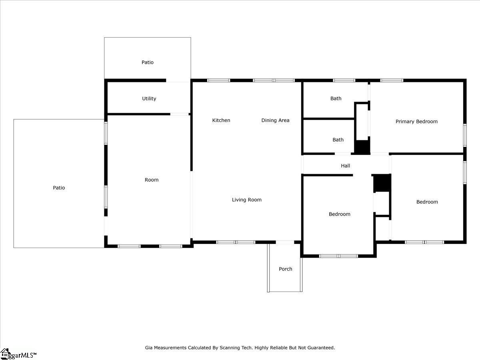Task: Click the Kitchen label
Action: click(x=221, y=120)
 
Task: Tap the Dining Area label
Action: click(x=275, y=120)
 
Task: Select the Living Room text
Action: click(x=246, y=200)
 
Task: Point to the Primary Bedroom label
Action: click(x=416, y=122)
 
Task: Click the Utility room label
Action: click(x=149, y=99)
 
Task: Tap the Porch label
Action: click(x=285, y=269)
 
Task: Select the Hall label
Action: click(x=346, y=166)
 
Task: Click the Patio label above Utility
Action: click(x=147, y=62)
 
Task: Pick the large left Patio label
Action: click(x=59, y=188)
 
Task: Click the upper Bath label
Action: click(x=336, y=98)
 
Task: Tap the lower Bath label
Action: click(x=338, y=140)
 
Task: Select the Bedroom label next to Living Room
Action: click(x=339, y=214)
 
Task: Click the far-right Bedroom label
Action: click(x=427, y=202)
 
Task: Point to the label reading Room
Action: click(x=152, y=180)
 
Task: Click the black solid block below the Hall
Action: click(x=382, y=183)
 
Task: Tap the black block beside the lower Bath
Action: click(x=362, y=146)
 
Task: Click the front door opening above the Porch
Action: click(x=285, y=242)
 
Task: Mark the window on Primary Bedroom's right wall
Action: click(x=465, y=132)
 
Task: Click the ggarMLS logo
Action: click(x=18, y=354)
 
